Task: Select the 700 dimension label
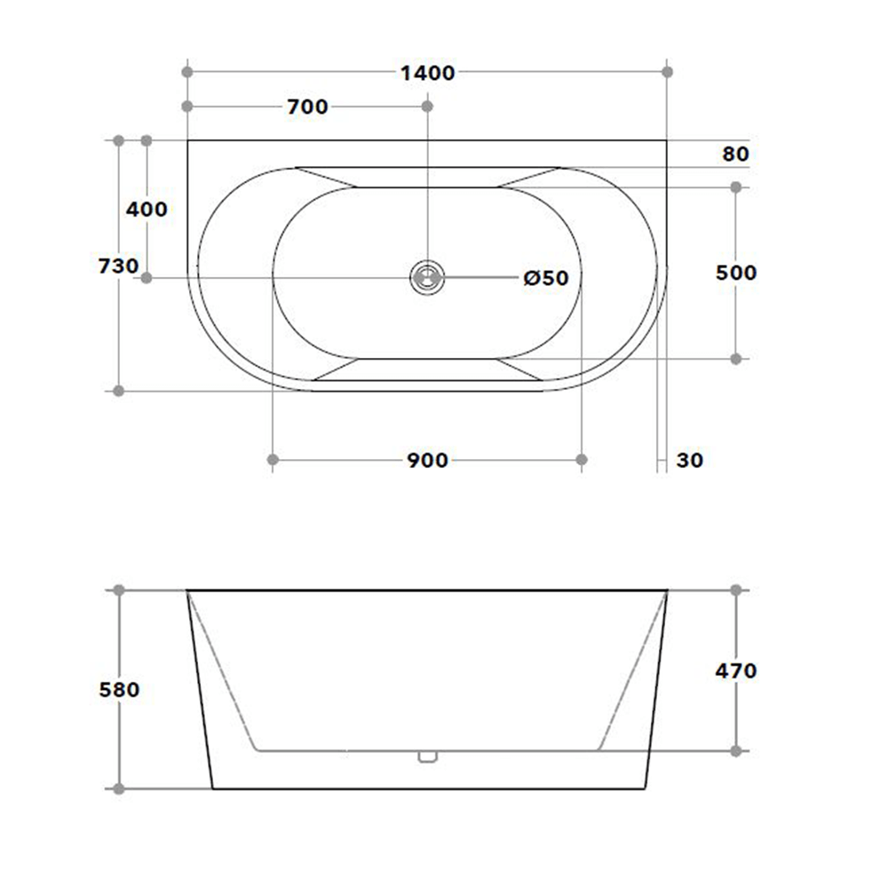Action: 307,107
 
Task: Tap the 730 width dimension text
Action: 119,266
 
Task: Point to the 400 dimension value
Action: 147,210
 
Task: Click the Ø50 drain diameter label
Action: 545,279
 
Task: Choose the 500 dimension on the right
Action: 736,273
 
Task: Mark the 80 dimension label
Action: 735,154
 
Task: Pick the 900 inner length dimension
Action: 427,460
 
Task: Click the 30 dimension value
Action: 690,460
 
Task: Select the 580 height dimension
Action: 119,689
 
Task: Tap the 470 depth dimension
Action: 736,670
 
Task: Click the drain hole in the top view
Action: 427,277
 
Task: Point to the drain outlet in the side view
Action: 427,757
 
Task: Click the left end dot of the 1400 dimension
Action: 186,71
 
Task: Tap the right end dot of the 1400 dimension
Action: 668,71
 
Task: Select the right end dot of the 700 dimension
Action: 427,107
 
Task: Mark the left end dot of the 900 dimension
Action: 273,459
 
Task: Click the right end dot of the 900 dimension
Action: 582,459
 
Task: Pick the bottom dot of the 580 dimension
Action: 119,789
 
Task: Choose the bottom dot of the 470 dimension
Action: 735,751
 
